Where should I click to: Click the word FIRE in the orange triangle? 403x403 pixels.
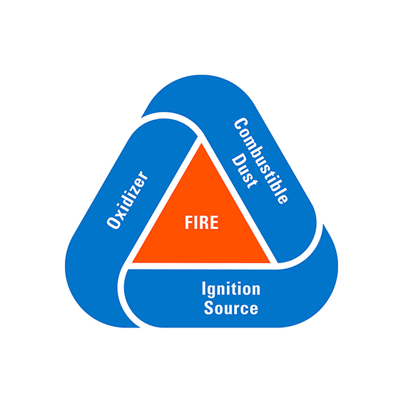click(201, 223)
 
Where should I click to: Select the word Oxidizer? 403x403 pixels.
click(128, 200)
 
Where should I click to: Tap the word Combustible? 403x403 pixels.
click(261, 161)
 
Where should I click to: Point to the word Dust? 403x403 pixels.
click(244, 171)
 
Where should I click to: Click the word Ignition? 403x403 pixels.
click(231, 290)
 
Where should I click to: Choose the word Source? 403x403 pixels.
click(231, 308)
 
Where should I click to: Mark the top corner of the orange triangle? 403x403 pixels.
click(201, 143)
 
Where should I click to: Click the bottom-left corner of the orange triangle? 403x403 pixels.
click(133, 262)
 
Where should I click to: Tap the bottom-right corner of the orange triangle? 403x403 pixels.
click(270, 262)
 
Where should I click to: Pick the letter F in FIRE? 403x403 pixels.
click(188, 223)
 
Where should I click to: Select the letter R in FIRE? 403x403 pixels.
click(204, 223)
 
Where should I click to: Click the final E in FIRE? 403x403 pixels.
click(215, 223)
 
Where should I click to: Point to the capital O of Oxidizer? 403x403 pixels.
click(113, 222)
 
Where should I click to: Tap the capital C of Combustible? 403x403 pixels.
click(240, 125)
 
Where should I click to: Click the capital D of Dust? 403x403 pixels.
click(238, 160)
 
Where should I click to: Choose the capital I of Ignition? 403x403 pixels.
click(203, 288)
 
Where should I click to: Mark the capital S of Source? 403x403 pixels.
click(208, 308)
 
